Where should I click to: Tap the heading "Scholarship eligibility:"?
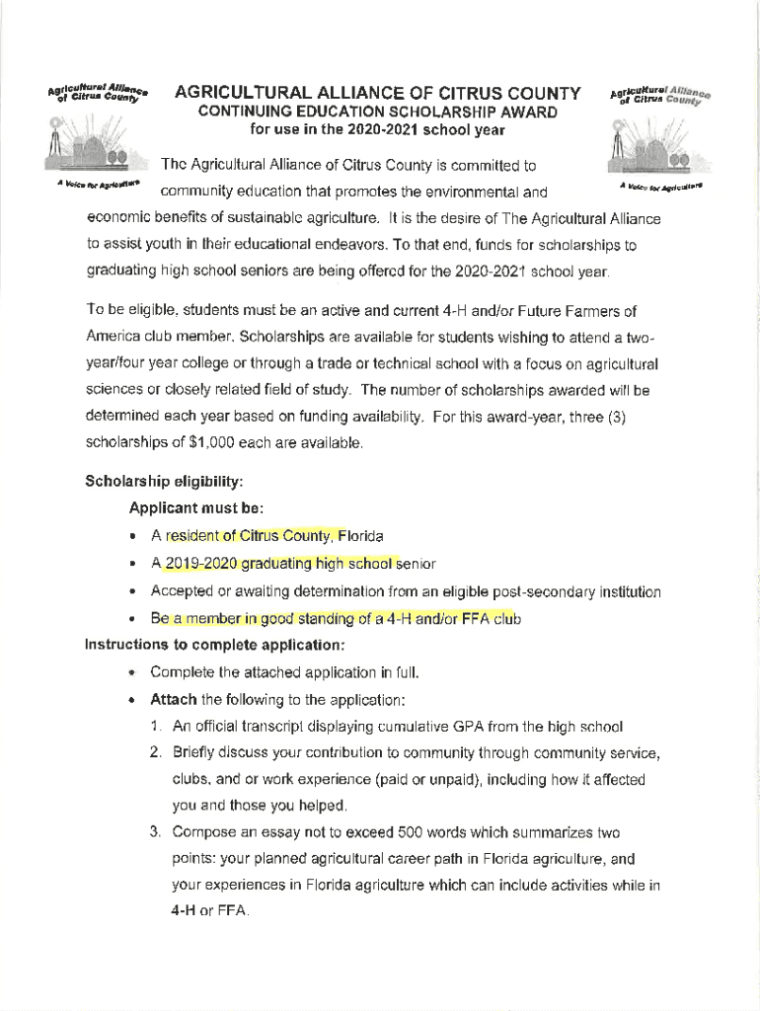pyautogui.click(x=164, y=482)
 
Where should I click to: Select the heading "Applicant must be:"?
pyautogui.click(x=196, y=508)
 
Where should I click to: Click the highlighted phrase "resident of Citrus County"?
pyautogui.click(x=251, y=536)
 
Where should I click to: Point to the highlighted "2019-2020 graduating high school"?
pyautogui.click(x=279, y=564)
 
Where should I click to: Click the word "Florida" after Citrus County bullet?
pyautogui.click(x=361, y=536)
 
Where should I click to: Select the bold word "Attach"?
pyautogui.click(x=173, y=700)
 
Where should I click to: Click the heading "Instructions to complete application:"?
pyautogui.click(x=215, y=646)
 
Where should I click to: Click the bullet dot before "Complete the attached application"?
pyautogui.click(x=132, y=673)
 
